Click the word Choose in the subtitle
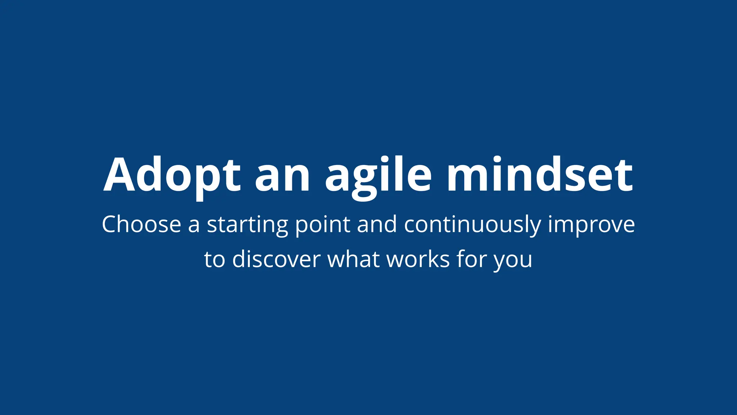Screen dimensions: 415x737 click(x=141, y=224)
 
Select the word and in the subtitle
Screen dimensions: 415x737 click(x=377, y=224)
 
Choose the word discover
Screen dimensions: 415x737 click(x=276, y=259)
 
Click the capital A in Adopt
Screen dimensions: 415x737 click(x=119, y=175)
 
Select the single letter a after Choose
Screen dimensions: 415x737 click(x=194, y=226)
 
